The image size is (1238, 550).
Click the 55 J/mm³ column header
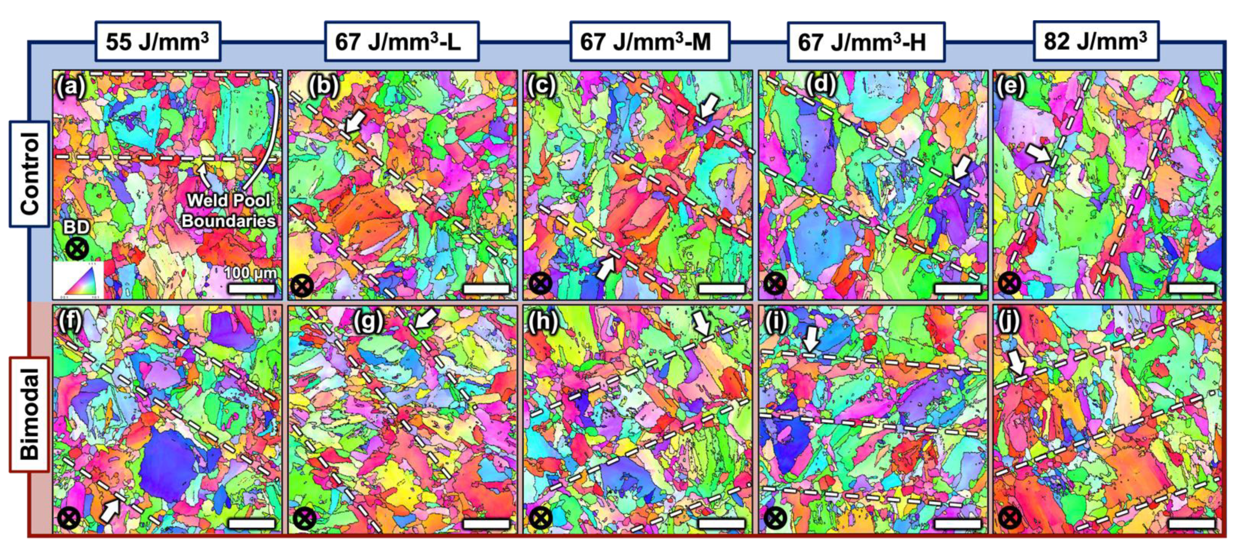[157, 42]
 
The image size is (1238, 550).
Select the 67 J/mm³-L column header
[401, 42]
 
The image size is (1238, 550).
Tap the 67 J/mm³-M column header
[649, 42]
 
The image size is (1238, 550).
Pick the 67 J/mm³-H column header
[865, 42]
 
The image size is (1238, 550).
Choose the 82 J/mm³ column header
[1096, 41]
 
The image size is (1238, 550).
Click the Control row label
[30, 174]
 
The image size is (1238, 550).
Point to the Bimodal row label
[30, 414]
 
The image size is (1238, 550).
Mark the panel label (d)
[821, 86]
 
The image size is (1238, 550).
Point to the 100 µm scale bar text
[250, 273]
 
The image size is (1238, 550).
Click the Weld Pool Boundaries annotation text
[228, 210]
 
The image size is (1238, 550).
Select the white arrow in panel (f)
[110, 510]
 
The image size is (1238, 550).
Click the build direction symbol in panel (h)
[540, 519]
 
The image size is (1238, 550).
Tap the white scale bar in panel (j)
[1191, 523]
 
